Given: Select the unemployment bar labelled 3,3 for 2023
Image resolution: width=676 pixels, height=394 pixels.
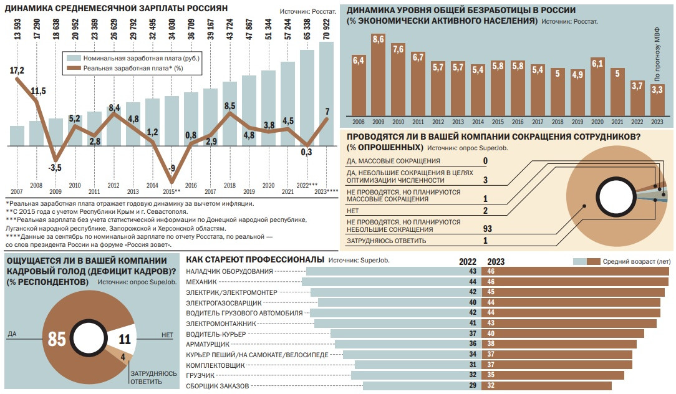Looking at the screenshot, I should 656,102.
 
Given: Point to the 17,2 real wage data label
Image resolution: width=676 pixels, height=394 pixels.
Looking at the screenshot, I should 17,70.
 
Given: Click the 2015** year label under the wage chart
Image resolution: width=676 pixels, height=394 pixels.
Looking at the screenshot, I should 171,191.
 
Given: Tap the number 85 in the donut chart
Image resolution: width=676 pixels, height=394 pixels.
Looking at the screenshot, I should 57,340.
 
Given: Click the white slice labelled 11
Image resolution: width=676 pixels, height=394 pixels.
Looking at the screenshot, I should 125,340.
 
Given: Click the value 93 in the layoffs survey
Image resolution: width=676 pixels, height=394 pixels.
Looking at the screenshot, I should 488,229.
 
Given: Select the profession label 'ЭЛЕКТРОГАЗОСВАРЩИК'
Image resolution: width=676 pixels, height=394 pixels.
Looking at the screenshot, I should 225,302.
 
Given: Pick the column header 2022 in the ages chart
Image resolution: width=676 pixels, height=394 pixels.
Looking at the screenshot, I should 468,261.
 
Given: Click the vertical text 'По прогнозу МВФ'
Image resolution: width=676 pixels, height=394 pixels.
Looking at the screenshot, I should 657,56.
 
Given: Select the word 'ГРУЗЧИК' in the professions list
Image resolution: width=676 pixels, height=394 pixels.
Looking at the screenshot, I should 200,376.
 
